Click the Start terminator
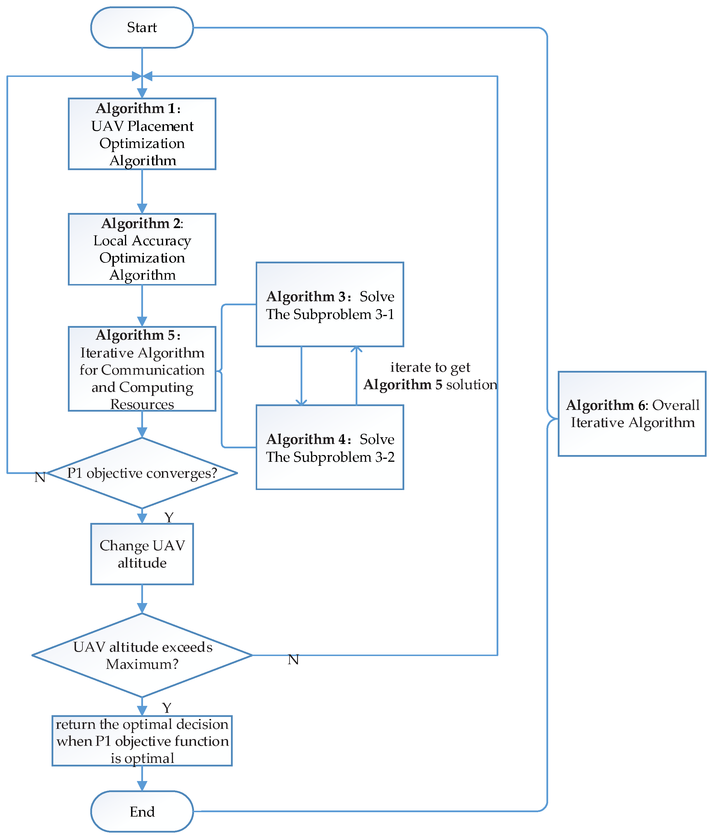tap(142, 27)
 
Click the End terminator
tap(142, 811)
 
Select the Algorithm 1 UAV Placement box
tap(142, 134)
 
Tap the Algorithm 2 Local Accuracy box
tap(142, 249)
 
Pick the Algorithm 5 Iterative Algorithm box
tap(142, 369)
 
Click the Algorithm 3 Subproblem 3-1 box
tap(330, 304)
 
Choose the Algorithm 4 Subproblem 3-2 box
tap(330, 447)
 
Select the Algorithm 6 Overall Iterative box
tap(632, 414)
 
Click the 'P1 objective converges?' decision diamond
tap(142, 473)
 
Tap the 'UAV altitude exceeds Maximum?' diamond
tap(142, 655)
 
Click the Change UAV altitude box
tap(142, 554)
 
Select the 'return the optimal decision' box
tap(142, 741)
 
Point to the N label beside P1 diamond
tap(40, 477)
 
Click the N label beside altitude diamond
tap(293, 660)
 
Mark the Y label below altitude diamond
tap(167, 708)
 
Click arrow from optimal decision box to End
tap(142, 778)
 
